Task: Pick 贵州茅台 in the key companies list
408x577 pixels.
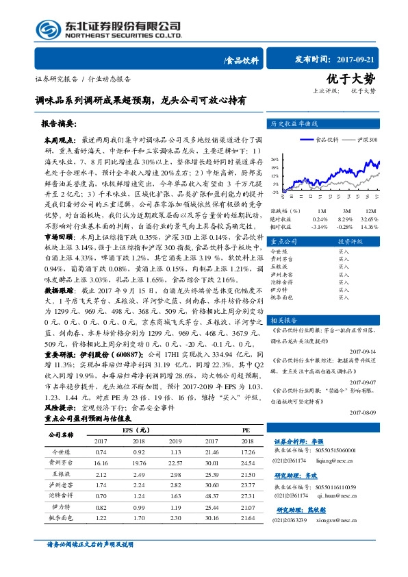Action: [x=281, y=260]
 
